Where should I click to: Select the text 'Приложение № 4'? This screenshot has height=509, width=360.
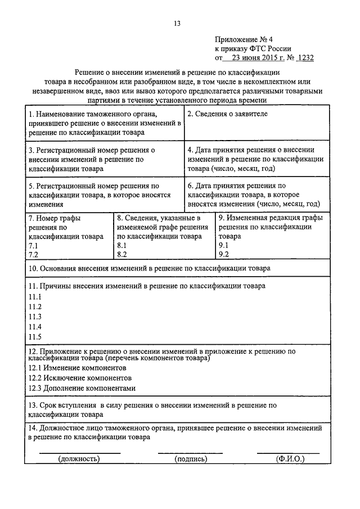242,39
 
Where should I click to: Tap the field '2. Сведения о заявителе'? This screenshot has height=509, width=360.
227,114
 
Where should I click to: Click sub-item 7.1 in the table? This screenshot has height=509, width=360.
33,246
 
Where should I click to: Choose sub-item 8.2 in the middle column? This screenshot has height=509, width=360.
122,254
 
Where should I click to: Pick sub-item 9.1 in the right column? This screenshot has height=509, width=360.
224,246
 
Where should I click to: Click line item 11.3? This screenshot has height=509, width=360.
35,317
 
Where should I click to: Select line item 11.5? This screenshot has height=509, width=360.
35,337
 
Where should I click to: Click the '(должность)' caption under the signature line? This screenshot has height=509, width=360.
79,459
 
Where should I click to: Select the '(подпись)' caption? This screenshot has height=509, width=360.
190,459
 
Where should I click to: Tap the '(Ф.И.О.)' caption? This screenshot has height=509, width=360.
290,459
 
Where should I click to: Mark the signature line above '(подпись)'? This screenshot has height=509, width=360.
190,452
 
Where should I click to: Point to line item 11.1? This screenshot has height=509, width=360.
35,296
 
